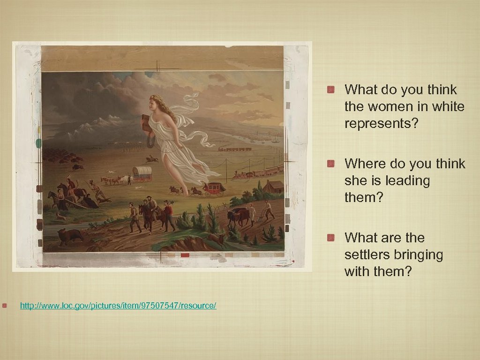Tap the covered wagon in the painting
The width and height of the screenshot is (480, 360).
tap(142, 173)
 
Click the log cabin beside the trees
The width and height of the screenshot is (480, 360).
tap(273, 187)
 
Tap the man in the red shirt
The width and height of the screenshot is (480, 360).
tap(168, 214)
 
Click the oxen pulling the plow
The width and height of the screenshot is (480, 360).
tap(237, 217)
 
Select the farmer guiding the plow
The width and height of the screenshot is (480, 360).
tap(268, 210)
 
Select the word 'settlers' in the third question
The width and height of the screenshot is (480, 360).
tap(368, 255)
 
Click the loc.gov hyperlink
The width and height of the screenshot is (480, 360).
tap(118, 306)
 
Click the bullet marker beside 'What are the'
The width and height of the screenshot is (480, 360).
tap(331, 238)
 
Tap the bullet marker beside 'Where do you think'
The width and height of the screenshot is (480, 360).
tap(331, 164)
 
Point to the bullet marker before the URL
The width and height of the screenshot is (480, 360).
tap(5, 306)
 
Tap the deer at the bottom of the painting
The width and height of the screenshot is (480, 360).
tap(216, 240)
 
